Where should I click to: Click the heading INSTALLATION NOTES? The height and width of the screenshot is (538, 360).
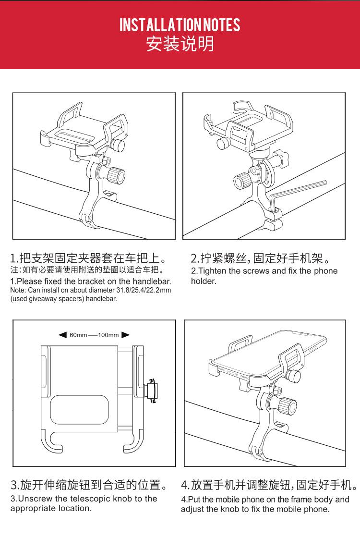(x=180, y=25)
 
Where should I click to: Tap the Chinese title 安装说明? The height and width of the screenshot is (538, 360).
(x=180, y=44)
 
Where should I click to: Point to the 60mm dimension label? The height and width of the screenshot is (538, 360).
(x=78, y=335)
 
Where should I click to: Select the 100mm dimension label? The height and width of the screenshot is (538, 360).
(x=108, y=335)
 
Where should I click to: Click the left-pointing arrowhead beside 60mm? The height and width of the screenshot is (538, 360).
(x=62, y=335)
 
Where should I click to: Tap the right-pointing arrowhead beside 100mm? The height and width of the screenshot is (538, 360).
(x=125, y=335)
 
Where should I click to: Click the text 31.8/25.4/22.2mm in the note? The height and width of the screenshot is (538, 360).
(x=144, y=291)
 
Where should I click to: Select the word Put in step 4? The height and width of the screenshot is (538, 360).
(x=193, y=500)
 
